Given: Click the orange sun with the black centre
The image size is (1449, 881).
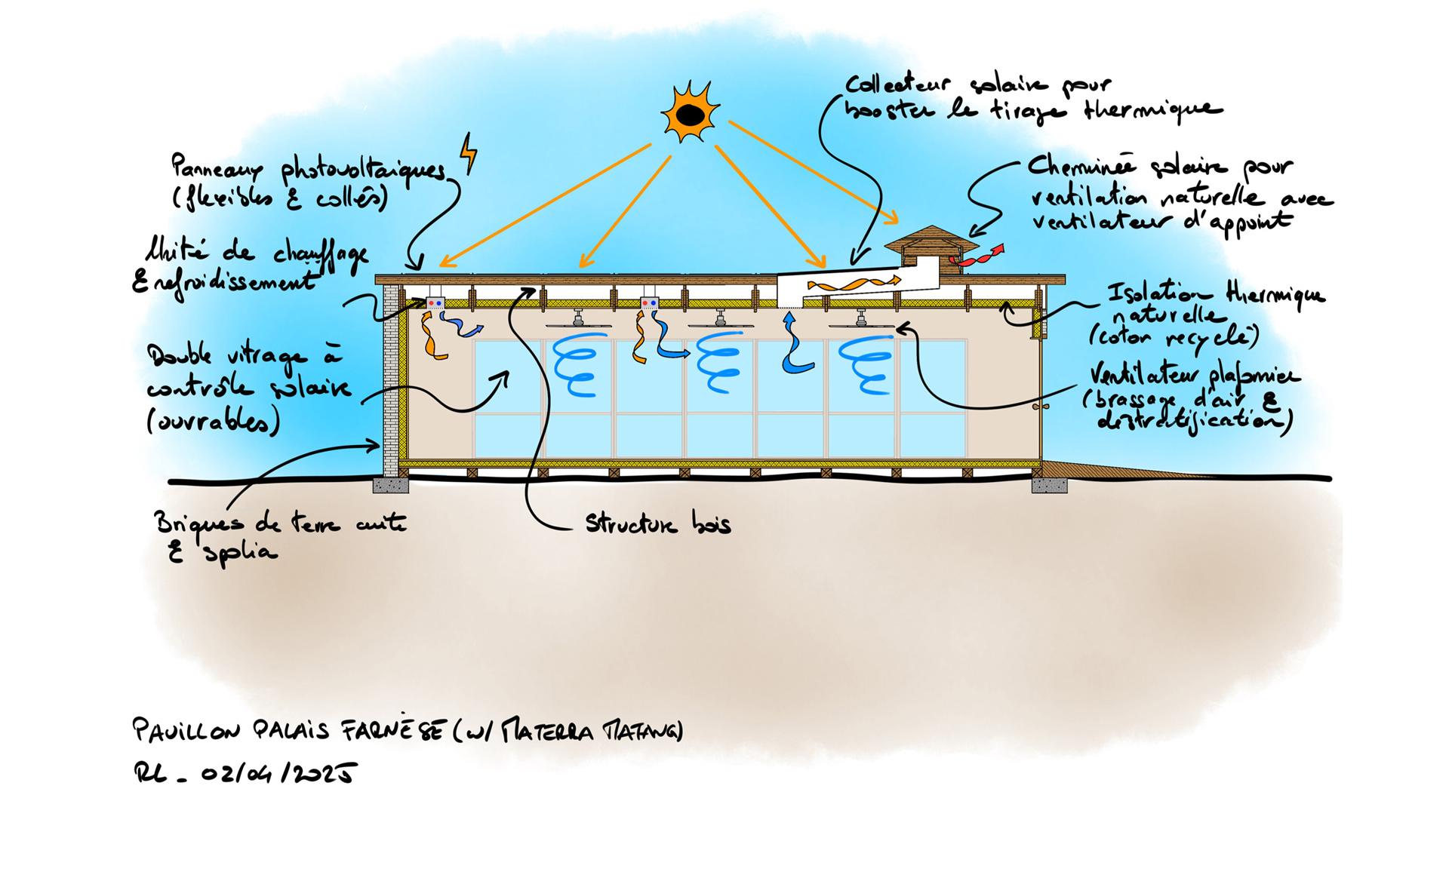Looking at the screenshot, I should (x=690, y=113).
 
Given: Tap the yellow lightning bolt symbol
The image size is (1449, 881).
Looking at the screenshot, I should (x=469, y=153).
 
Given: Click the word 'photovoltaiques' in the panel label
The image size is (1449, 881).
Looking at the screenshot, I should (x=362, y=170).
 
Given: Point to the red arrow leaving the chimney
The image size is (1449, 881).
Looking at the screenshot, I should (x=978, y=256).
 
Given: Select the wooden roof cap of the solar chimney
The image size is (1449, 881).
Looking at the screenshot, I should (x=931, y=239).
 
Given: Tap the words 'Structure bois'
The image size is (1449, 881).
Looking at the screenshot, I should (x=657, y=523).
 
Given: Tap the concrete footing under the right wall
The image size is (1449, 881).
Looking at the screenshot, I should (x=1049, y=484).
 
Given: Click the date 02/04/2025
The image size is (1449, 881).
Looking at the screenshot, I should (x=278, y=773).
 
